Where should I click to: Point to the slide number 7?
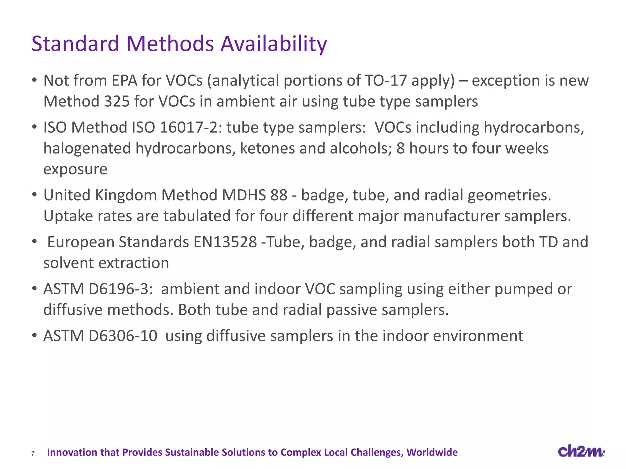(33, 453)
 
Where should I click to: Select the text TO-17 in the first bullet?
(386, 81)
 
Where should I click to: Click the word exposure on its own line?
(75, 169)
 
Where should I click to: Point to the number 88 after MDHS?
(279, 195)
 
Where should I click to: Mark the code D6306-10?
(123, 336)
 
